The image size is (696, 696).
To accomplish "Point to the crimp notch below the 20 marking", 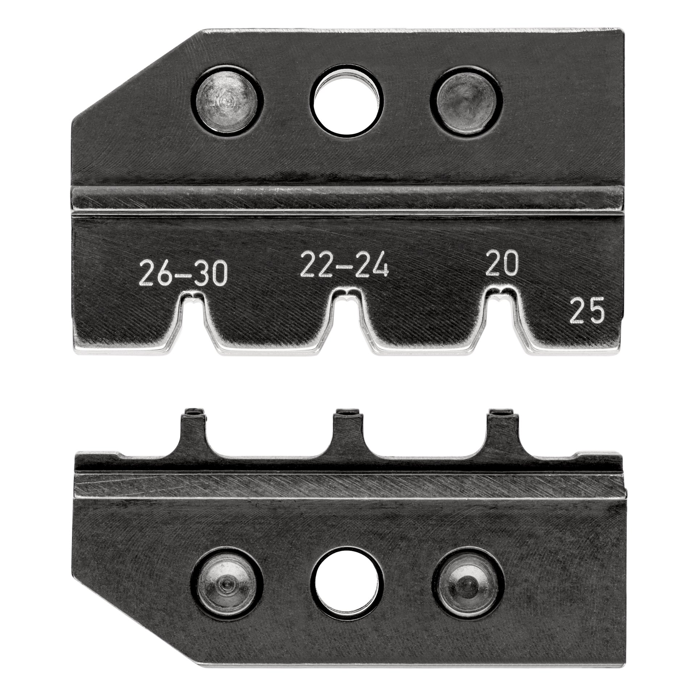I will (501, 303).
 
